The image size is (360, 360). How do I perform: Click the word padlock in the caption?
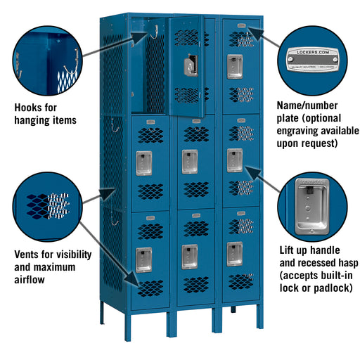point(330,288)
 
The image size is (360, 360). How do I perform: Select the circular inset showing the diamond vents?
point(49,207)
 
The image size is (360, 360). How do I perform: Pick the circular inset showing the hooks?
point(48,60)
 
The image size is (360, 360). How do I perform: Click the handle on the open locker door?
point(190,67)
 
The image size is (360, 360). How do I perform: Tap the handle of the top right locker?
point(235,67)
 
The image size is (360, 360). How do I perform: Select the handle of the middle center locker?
point(190,161)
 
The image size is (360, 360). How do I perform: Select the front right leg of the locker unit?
point(259,316)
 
